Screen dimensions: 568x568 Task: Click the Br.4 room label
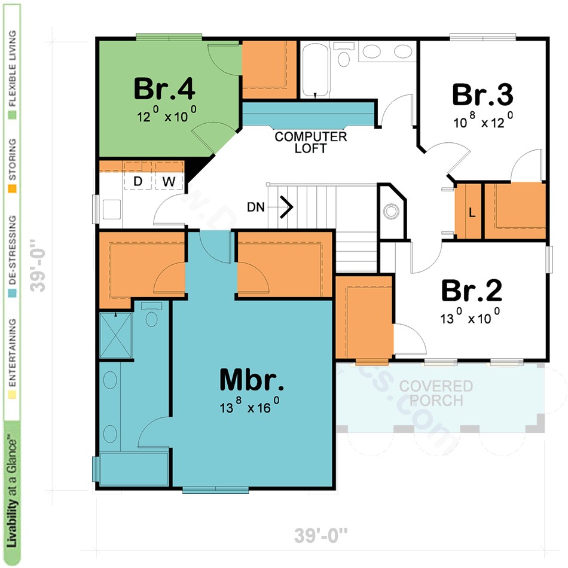tap(164, 89)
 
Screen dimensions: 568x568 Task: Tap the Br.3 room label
tap(483, 95)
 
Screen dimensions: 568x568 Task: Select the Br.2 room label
tap(471, 291)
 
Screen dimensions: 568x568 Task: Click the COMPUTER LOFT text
tap(310, 142)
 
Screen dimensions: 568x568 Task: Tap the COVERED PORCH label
tap(436, 393)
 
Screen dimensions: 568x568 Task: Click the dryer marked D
tap(138, 181)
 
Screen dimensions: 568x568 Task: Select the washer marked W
tap(168, 181)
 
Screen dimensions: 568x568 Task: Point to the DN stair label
tap(255, 207)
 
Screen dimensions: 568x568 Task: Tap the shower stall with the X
tap(115, 334)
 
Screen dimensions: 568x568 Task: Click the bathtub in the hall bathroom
tap(314, 69)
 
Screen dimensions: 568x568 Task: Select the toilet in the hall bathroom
tap(344, 56)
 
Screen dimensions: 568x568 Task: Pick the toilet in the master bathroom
tap(152, 314)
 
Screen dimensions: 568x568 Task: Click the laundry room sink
tap(112, 209)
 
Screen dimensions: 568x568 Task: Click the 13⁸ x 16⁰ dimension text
tap(249, 408)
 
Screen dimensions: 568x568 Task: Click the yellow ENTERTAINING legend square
tap(11, 395)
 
